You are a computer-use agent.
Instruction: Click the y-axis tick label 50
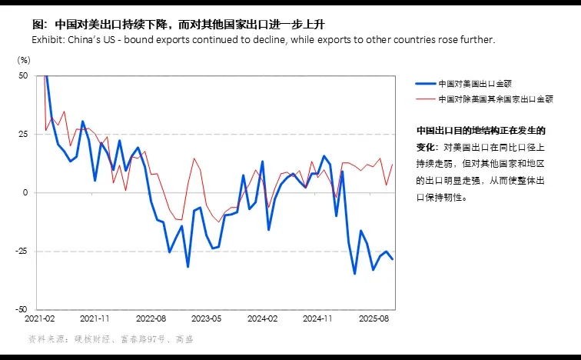pyautogui.click(x=23, y=76)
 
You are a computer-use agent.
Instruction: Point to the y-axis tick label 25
pyautogui.click(x=23, y=135)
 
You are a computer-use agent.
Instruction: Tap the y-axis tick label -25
pyautogui.click(x=22, y=252)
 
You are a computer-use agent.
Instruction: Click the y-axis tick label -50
pyautogui.click(x=22, y=309)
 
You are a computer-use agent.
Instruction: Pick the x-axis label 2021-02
pyautogui.click(x=39, y=318)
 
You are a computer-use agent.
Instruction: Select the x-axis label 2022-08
pyautogui.click(x=151, y=318)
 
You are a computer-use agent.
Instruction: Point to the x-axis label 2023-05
pyautogui.click(x=207, y=318)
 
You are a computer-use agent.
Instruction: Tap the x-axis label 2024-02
pyautogui.click(x=262, y=318)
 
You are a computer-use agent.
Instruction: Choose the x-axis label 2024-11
pyautogui.click(x=317, y=318)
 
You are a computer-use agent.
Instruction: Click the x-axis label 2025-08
pyautogui.click(x=373, y=318)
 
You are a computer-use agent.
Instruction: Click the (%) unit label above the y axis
pyautogui.click(x=24, y=59)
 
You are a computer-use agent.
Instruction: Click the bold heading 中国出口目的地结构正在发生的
pyautogui.click(x=480, y=130)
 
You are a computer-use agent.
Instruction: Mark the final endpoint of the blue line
pyautogui.click(x=393, y=258)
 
